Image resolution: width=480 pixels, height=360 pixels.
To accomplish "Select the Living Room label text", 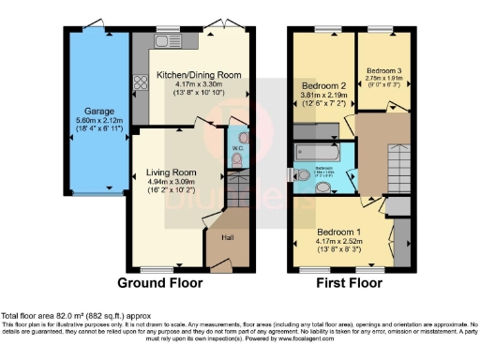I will pyautogui.click(x=171, y=172).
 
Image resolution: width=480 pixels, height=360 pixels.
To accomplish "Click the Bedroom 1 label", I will pyautogui.click(x=337, y=232).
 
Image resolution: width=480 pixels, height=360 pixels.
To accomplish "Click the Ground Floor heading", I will pyautogui.click(x=156, y=282).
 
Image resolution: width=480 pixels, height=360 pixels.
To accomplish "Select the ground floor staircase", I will pyautogui.click(x=239, y=193).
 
